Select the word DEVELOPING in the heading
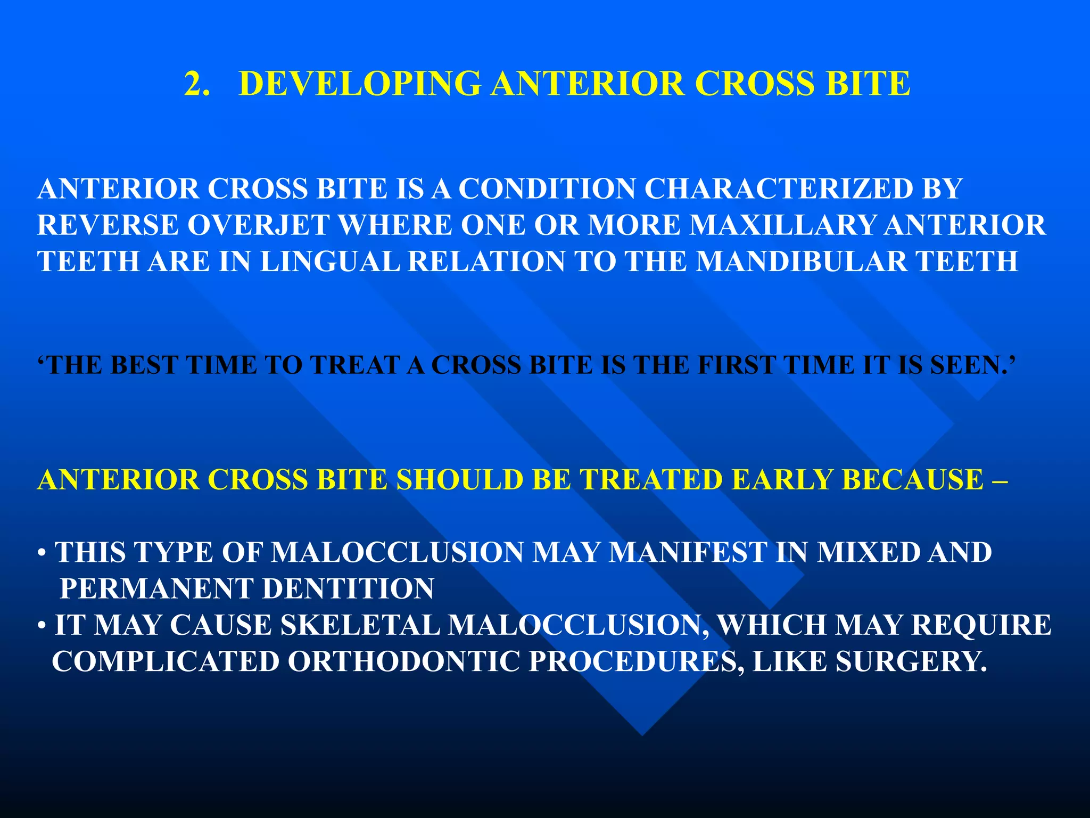[360, 84]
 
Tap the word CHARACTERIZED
[779, 189]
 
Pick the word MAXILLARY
[782, 225]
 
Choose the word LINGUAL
[329, 261]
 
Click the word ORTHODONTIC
[404, 662]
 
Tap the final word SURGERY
[911, 662]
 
